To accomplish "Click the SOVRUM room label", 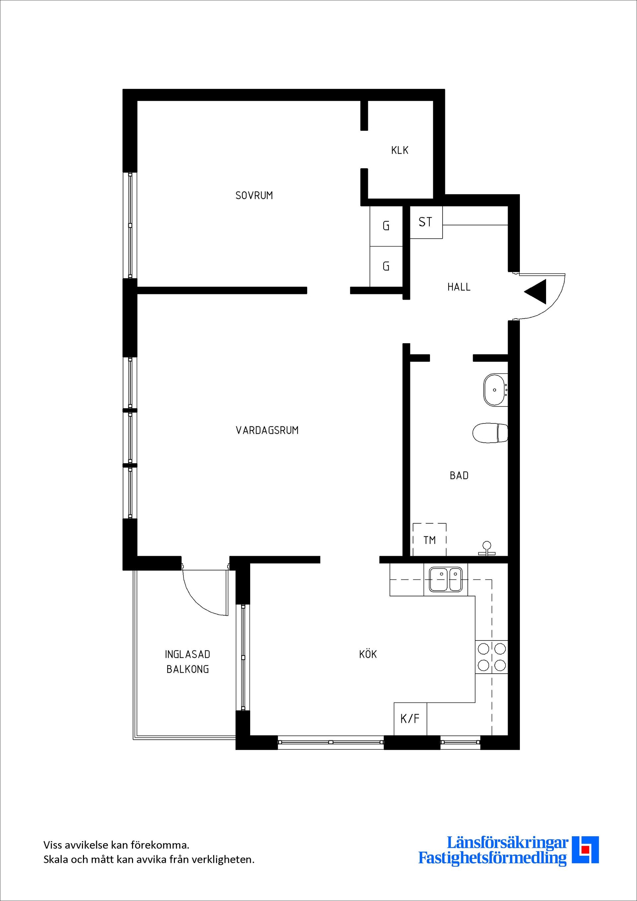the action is [254, 195].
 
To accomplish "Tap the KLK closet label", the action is [400, 150].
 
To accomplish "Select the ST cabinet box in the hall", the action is [426, 222].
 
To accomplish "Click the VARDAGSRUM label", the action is [267, 430].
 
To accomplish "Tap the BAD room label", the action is [459, 476].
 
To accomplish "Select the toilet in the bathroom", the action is [490, 433].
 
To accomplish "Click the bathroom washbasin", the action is [496, 390].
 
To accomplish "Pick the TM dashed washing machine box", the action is [430, 540].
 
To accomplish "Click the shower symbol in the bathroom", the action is [487, 549].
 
